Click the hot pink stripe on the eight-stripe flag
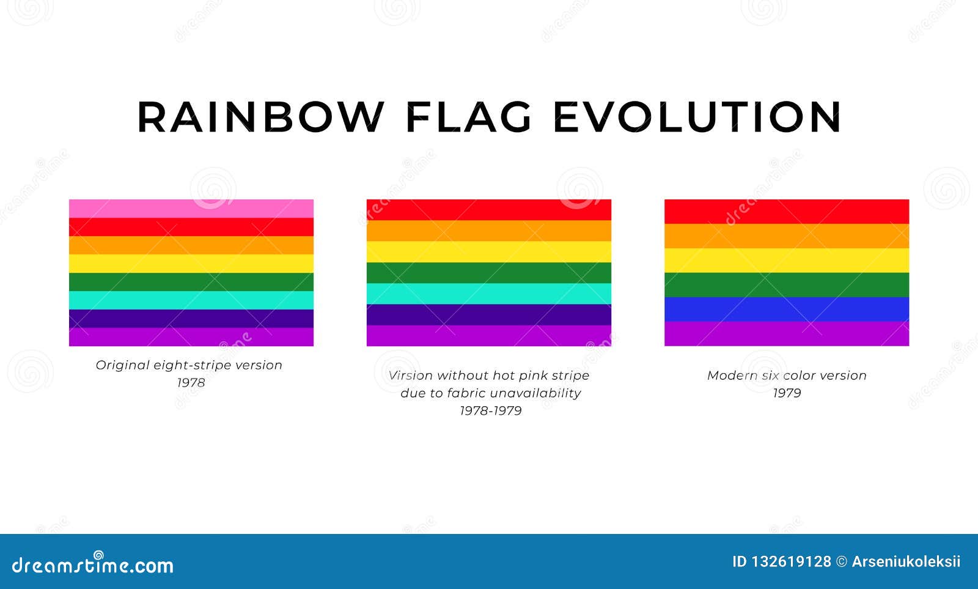tap(191, 209)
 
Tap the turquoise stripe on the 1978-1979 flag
tap(489, 294)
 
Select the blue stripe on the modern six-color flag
tap(787, 309)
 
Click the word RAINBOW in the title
tap(260, 117)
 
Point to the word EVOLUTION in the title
tap(697, 117)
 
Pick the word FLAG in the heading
tap(469, 117)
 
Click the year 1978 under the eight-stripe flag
tap(191, 383)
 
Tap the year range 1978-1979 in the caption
tap(491, 411)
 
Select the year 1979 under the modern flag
tap(787, 393)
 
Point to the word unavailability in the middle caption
tap(536, 393)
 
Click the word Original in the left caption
tap(122, 365)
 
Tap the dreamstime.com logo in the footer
tap(92, 564)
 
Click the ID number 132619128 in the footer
tap(792, 562)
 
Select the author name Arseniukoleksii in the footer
tap(906, 562)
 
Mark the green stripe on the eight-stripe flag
tap(191, 282)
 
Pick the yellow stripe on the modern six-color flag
tap(787, 261)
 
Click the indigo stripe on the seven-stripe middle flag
tap(489, 314)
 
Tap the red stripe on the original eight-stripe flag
tap(191, 227)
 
